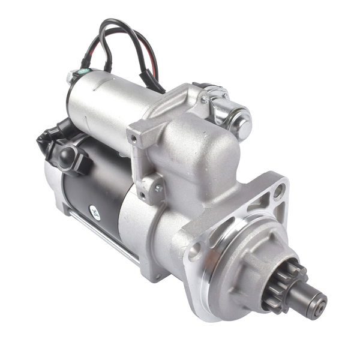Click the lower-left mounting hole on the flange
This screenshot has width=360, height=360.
tap(194, 250)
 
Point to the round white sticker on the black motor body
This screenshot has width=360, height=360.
tap(95, 211)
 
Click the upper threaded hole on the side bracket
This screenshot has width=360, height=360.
tap(134, 139)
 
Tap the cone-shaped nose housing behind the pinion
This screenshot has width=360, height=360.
tap(252, 264)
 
